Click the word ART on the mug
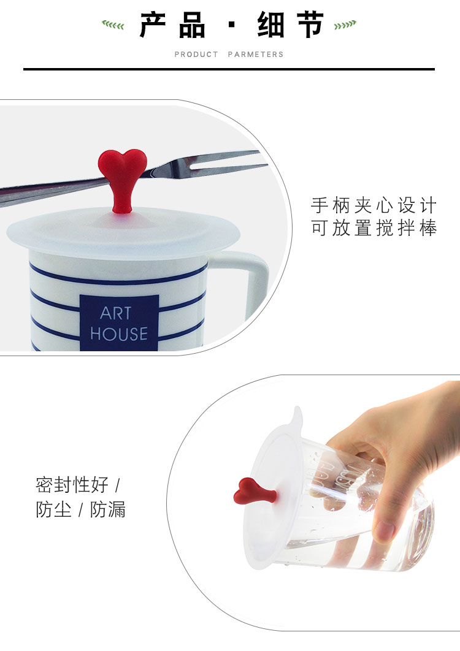tap(115, 313)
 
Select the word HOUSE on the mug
tap(119, 334)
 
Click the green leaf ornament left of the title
tap(113, 25)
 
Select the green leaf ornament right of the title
tap(345, 25)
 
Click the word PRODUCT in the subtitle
tap(196, 55)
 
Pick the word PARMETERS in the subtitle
tap(256, 55)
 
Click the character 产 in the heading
tap(153, 25)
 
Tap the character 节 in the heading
tap(310, 25)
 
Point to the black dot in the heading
tap(232, 25)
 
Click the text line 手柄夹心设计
tap(374, 205)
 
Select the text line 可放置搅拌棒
tap(374, 228)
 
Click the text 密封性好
tap(72, 484)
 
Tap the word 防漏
tap(107, 509)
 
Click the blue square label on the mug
tap(119, 323)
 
